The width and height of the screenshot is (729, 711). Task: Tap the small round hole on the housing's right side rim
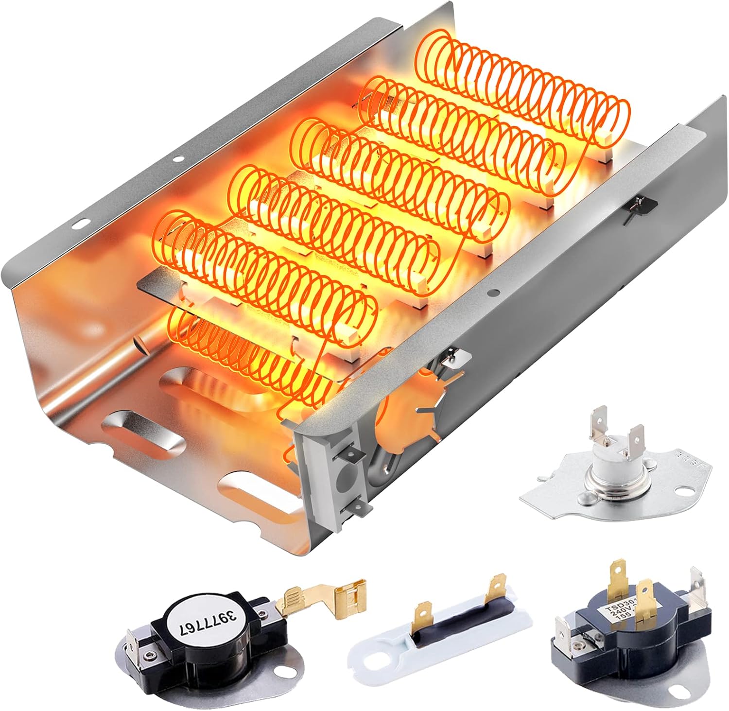(x=494, y=293)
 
